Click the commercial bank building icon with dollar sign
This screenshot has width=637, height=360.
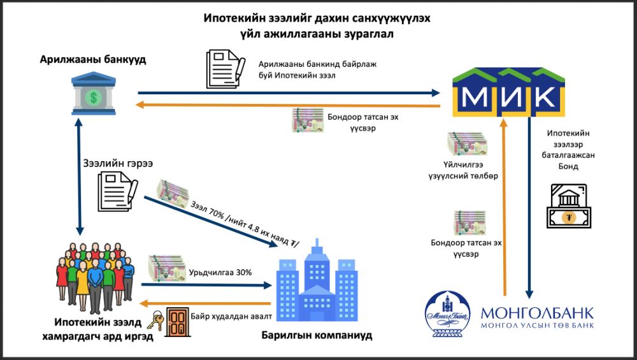pyautogui.click(x=94, y=95)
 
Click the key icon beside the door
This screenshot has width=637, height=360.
pyautogui.click(x=157, y=322)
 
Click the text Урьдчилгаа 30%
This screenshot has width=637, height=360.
pyautogui.click(x=220, y=272)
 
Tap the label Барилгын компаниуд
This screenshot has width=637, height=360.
pyautogui.click(x=317, y=335)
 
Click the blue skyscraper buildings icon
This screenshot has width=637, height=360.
pyautogui.click(x=317, y=280)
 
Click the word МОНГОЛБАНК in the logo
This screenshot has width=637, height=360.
pyautogui.click(x=537, y=313)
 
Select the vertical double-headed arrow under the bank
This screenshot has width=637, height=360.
pyautogui.click(x=78, y=178)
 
